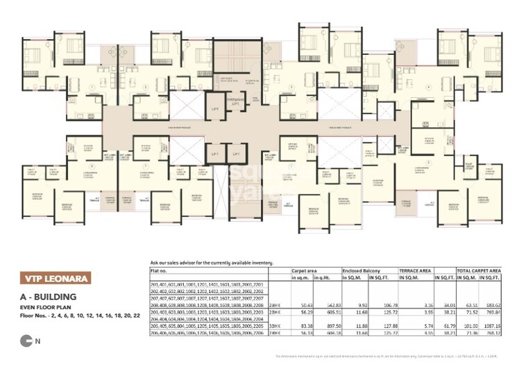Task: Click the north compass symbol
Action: [26, 340]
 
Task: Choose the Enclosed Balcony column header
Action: [360, 271]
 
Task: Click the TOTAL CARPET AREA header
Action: [478, 271]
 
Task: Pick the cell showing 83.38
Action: [304, 327]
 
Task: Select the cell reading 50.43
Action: [304, 305]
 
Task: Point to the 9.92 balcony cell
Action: [358, 305]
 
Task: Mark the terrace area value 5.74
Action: [428, 327]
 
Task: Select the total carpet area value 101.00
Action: [467, 327]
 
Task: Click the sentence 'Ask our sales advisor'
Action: [212, 263]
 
